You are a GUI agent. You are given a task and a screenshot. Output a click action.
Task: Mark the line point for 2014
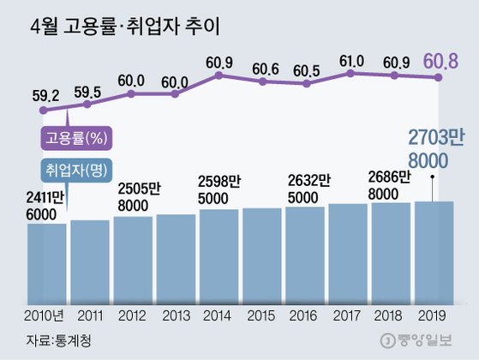point(219,75)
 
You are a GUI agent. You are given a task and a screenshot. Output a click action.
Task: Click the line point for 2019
point(438,78)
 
